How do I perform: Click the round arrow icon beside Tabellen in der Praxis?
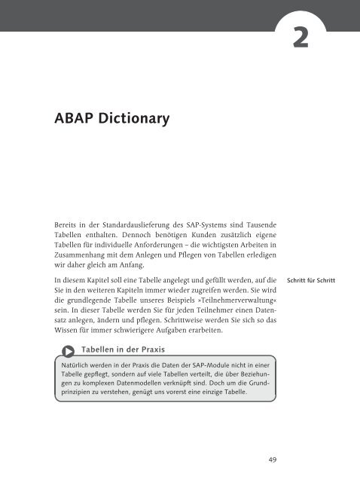[x=69, y=350]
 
